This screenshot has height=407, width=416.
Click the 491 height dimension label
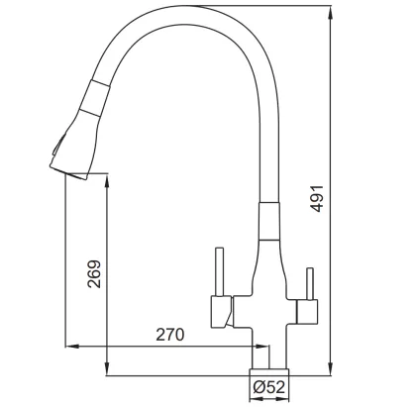pos(317,198)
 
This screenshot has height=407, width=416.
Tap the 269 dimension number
pos(95,274)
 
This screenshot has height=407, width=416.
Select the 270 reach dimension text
pos(169,335)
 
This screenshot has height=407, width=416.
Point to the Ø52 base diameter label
pos(268,387)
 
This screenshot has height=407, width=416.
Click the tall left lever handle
pos(219,271)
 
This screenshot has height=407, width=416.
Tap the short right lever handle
pos(309,283)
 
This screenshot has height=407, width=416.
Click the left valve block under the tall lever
pos(222,312)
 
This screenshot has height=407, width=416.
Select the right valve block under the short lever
pos(308,311)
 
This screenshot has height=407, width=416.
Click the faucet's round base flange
pos(268,372)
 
